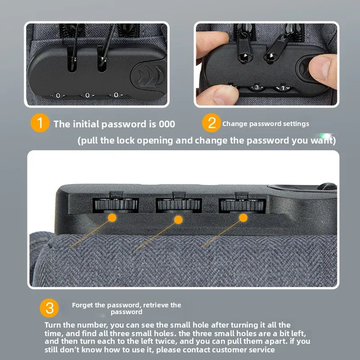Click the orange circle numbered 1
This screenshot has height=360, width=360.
(40, 123)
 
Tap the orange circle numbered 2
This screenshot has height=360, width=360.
(211, 123)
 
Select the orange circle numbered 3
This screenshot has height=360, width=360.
(49, 308)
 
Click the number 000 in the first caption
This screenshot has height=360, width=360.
(167, 124)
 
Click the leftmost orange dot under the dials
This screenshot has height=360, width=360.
(112, 217)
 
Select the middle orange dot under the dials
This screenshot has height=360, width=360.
(178, 220)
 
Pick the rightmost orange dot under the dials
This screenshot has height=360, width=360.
(243, 218)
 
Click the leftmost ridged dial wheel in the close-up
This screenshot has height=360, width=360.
(116, 204)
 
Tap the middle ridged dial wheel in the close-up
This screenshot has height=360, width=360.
(179, 204)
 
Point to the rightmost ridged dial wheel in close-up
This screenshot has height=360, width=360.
(242, 205)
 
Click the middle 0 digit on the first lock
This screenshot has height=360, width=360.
(87, 95)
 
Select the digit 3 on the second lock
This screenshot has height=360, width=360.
(257, 87)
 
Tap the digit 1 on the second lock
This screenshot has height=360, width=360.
(283, 88)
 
